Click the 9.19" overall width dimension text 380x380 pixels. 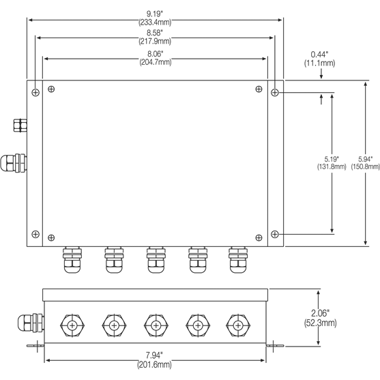(154, 12)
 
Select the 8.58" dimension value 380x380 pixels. (154, 32)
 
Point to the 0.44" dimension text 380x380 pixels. (319, 54)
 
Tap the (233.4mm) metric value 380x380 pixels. (154, 21)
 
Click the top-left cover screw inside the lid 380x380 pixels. (52, 89)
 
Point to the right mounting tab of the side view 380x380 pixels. (274, 347)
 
